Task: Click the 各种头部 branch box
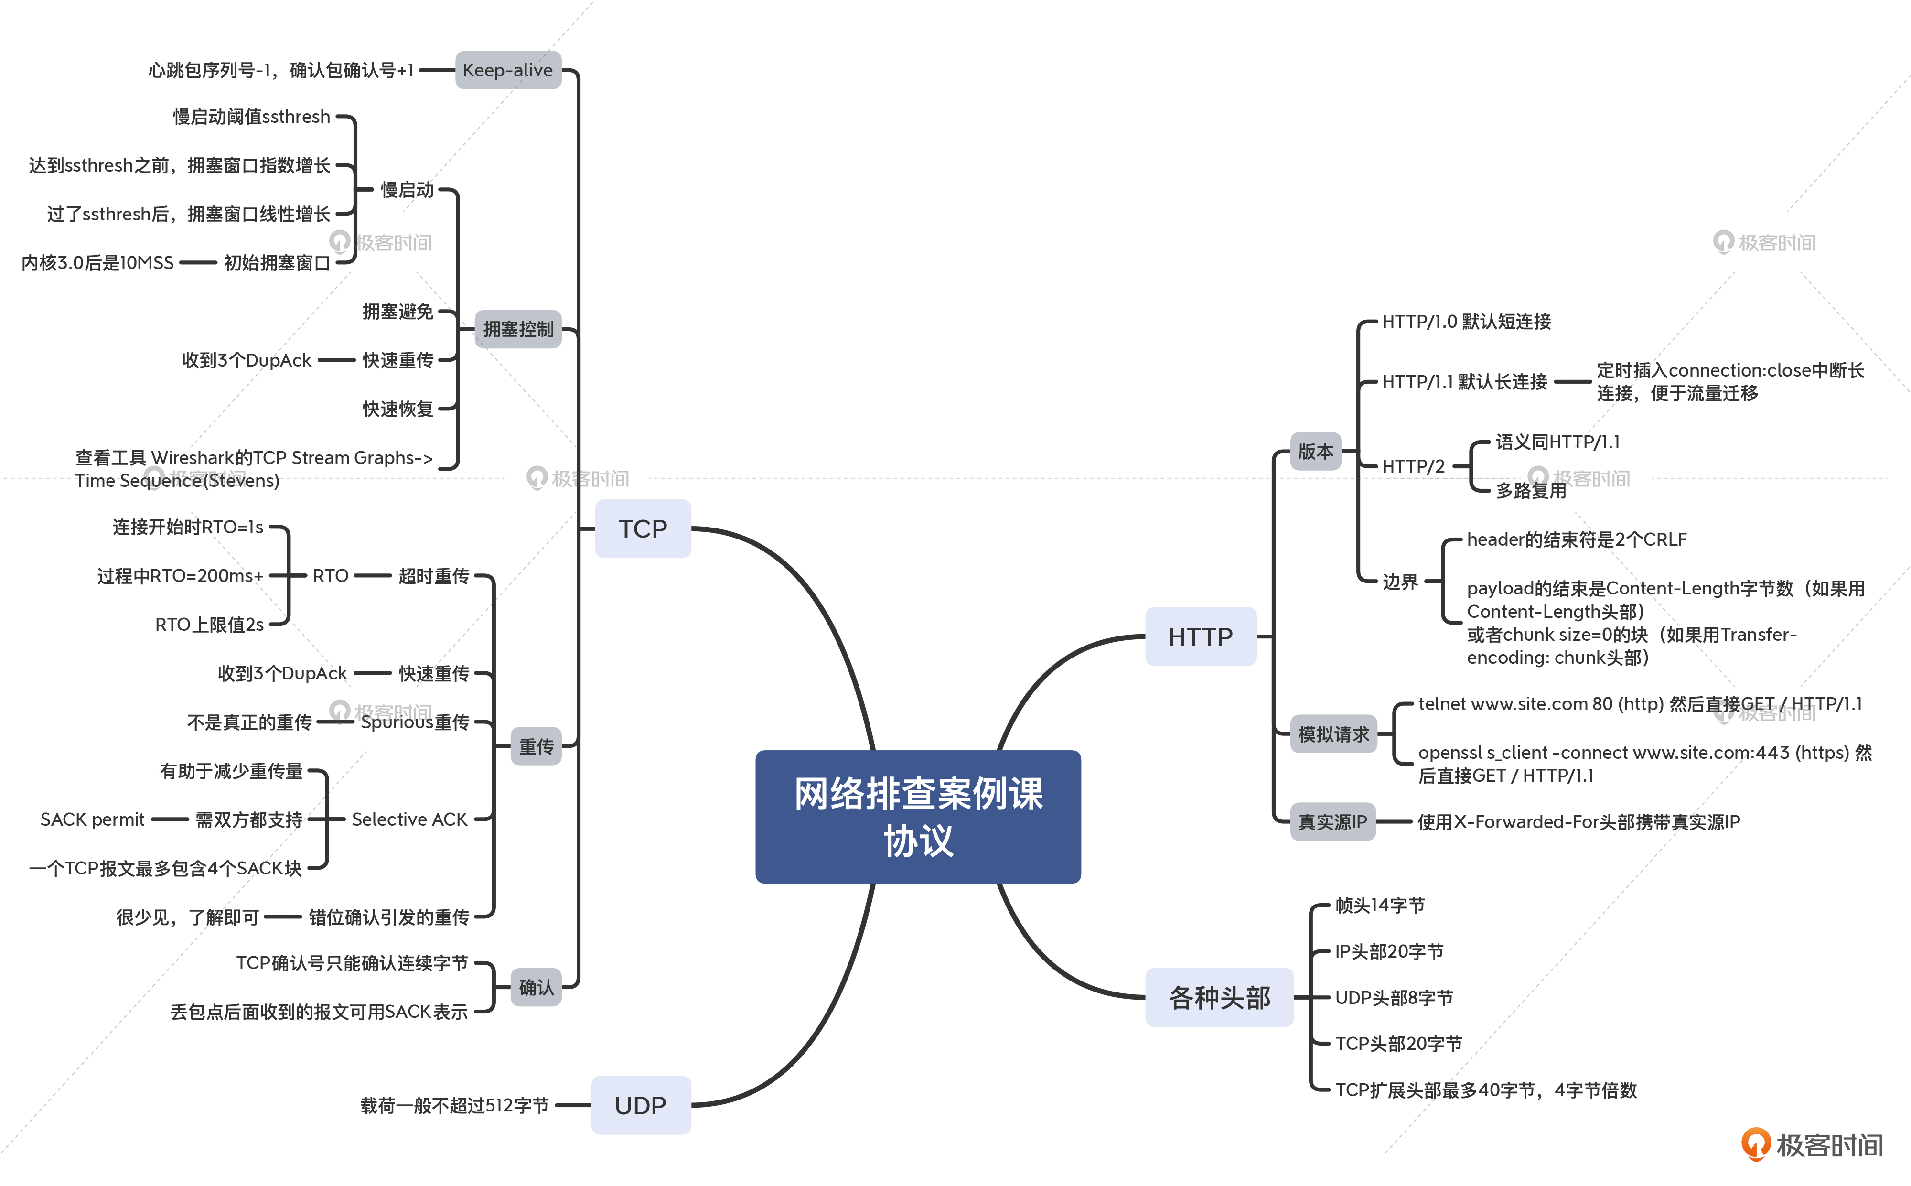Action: click(x=1219, y=997)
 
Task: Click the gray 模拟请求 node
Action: click(x=1332, y=733)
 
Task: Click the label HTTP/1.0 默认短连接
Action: click(x=1466, y=322)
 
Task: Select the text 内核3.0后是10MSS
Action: click(x=97, y=263)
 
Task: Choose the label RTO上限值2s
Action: click(x=209, y=625)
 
